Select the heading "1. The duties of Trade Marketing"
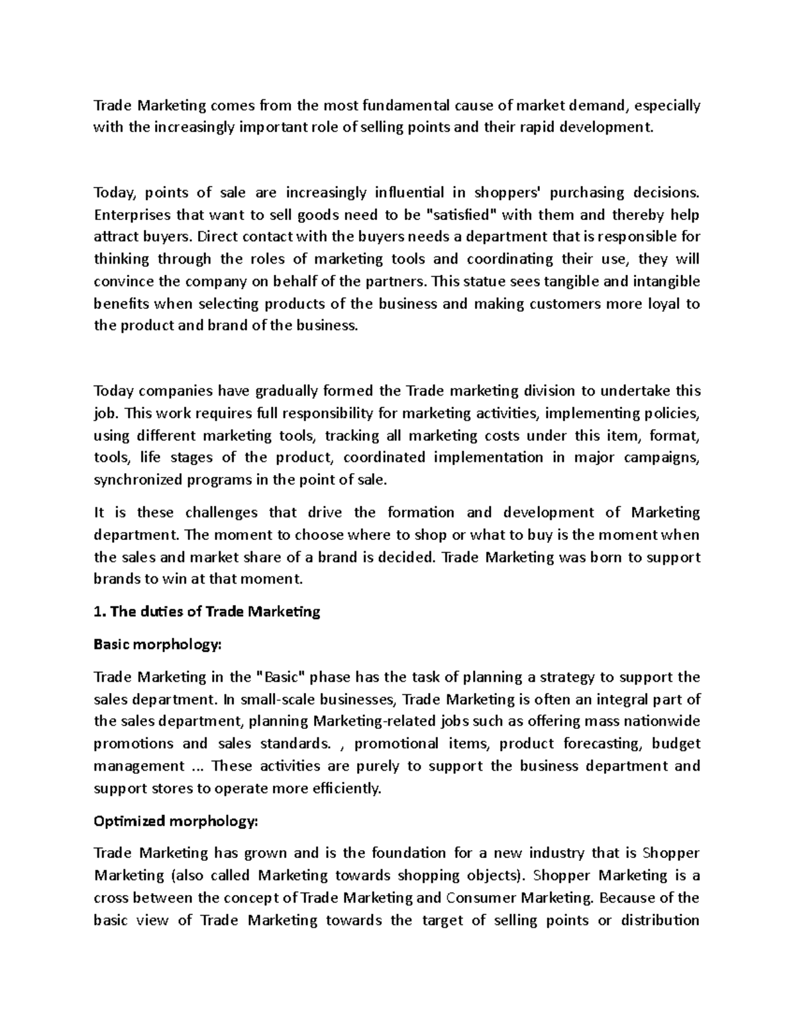pos(207,612)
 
